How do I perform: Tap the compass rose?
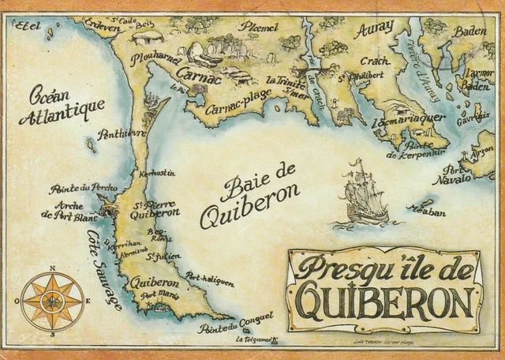coord(52,301)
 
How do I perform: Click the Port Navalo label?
coord(456,174)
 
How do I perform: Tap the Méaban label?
coord(426,211)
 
